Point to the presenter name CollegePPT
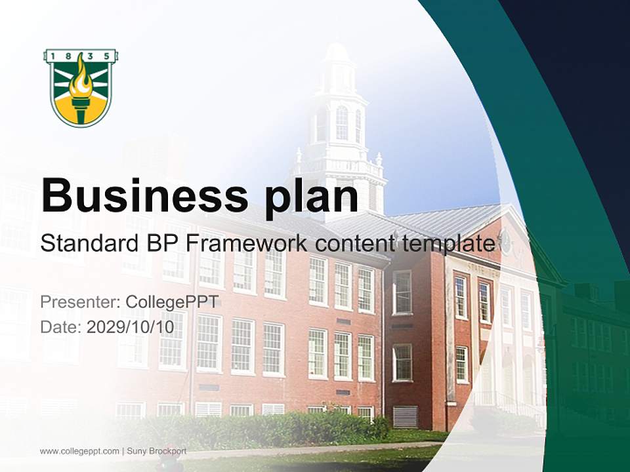pyautogui.click(x=171, y=302)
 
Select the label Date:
pyautogui.click(x=61, y=326)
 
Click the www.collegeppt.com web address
pyautogui.click(x=79, y=451)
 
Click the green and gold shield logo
pyautogui.click(x=81, y=88)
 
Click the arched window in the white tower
pyautogui.click(x=341, y=123)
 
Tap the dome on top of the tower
pyautogui.click(x=337, y=52)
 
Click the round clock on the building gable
pyautogui.click(x=505, y=243)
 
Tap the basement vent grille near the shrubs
pyautogui.click(x=405, y=416)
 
